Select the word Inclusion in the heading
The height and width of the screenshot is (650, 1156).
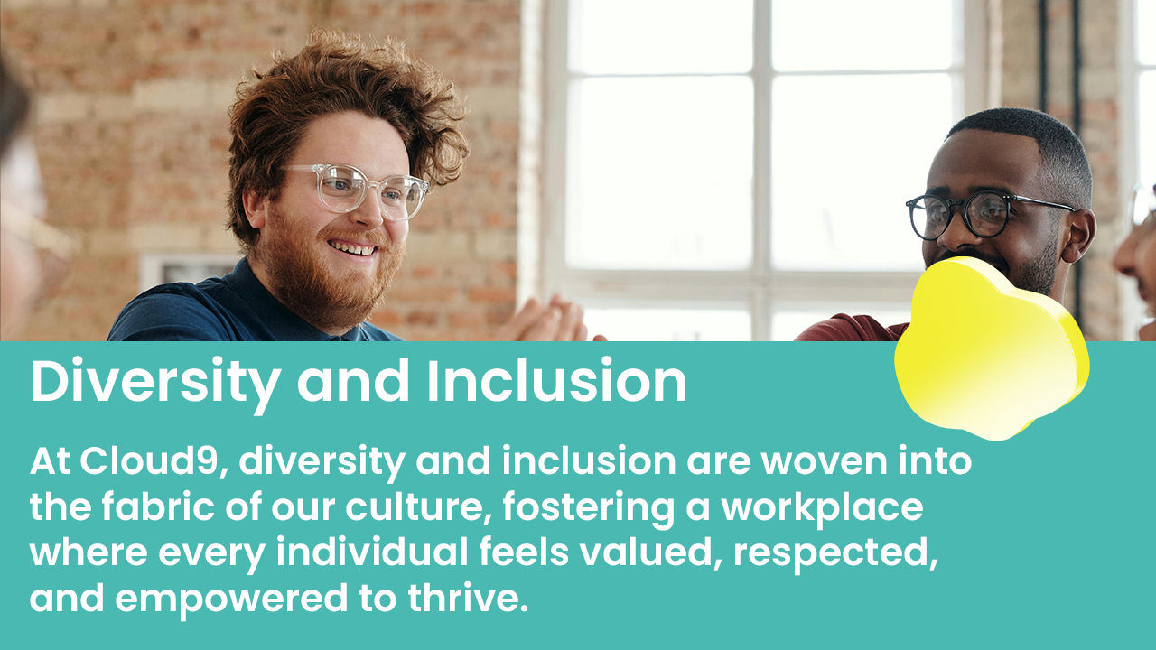[x=556, y=383]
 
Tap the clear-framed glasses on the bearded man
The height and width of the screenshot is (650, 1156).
[x=357, y=189]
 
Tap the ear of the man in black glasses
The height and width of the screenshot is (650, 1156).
[x=1081, y=235]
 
